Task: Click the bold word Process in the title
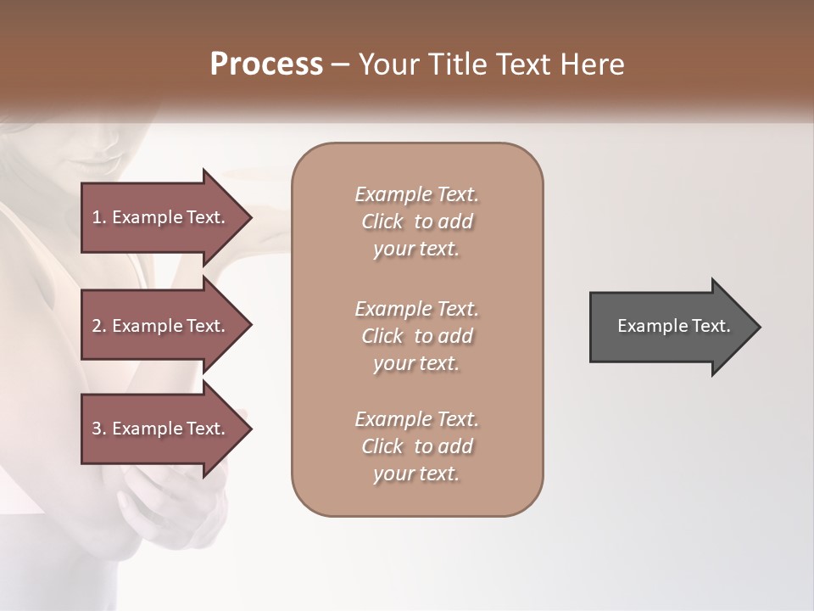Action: (266, 64)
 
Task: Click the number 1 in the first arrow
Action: (97, 217)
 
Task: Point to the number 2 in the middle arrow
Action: (97, 326)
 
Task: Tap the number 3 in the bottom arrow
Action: (97, 429)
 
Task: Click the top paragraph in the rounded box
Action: (416, 221)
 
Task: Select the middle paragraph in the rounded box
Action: (416, 336)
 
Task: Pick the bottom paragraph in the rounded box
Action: (416, 446)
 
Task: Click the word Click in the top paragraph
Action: (382, 221)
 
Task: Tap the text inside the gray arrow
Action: (673, 326)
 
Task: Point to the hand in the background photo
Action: (161, 509)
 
